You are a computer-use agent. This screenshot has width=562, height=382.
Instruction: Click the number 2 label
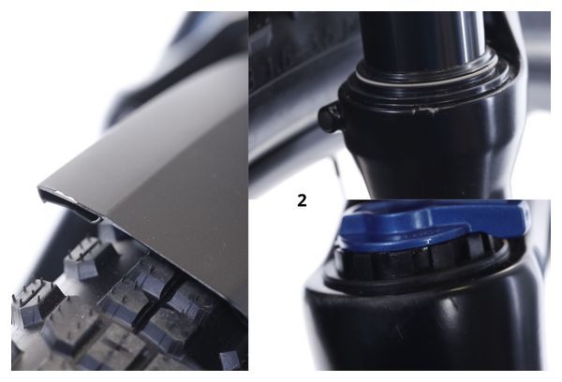pos(302,201)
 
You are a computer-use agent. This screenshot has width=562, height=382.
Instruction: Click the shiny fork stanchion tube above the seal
pos(423,36)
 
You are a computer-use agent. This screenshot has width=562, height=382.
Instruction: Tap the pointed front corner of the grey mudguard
pos(39,186)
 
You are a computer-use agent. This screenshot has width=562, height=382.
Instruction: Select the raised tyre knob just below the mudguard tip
pos(83,257)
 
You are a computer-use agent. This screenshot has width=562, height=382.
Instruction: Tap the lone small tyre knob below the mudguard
pos(229,360)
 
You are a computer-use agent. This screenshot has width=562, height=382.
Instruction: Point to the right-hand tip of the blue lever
pos(528,213)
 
